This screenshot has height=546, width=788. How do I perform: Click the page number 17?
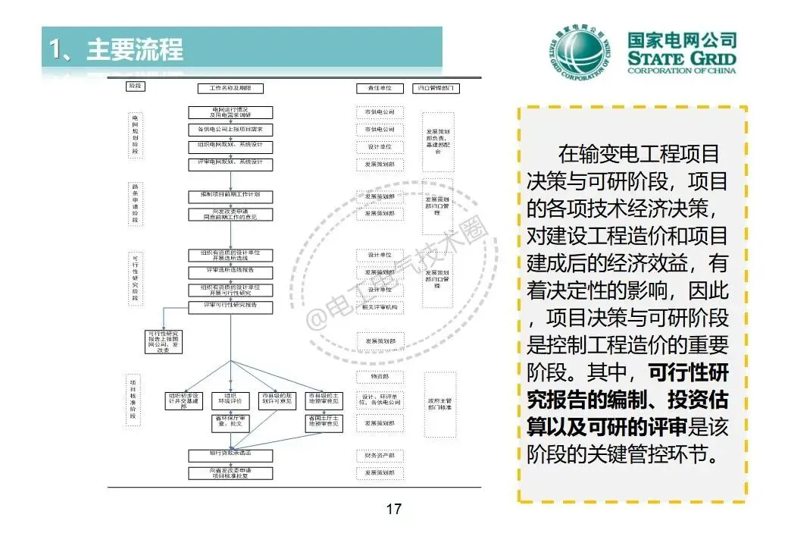coord(393,509)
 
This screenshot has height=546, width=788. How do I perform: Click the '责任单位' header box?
coord(379,88)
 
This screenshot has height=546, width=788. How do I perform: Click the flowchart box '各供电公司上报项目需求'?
coord(230,129)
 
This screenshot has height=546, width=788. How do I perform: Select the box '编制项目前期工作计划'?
coord(230,196)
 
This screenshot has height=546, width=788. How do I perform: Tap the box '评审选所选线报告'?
coord(230,271)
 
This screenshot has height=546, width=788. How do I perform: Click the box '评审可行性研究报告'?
coord(230,306)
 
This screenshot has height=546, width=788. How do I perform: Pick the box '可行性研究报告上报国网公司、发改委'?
coord(164,341)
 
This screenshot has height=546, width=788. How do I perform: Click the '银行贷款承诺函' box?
coord(230,454)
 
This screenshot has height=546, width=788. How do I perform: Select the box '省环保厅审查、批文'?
coord(230,423)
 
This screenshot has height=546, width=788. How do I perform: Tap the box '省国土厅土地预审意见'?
coord(324,423)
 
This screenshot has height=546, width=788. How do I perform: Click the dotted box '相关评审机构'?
coord(380,307)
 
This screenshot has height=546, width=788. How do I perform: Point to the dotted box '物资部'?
coord(380,377)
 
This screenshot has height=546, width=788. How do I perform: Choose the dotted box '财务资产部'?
coord(380,456)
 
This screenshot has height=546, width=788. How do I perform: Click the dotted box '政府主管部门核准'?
coord(440,405)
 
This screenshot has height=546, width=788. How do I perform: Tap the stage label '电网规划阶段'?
coord(135,135)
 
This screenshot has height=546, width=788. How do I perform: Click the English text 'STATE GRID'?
coord(681,59)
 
